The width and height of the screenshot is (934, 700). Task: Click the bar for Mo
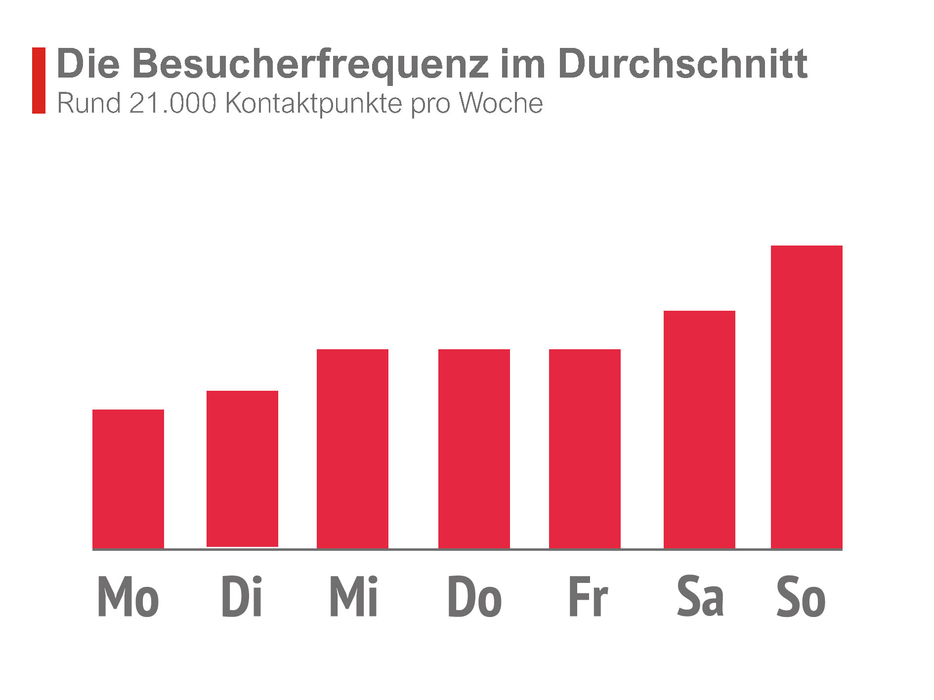click(128, 479)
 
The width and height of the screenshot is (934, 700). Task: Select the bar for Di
click(242, 469)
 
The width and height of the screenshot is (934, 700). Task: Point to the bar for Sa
click(699, 429)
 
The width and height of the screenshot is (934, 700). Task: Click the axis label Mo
click(128, 597)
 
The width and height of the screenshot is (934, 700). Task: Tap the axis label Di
click(242, 597)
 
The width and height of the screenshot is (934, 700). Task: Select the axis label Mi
click(353, 597)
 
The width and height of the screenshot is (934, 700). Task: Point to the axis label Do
click(474, 597)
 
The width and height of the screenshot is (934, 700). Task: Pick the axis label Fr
click(588, 597)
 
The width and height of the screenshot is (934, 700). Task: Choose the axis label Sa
click(700, 597)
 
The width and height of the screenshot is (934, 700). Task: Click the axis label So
click(801, 597)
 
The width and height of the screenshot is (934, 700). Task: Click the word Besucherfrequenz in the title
click(311, 64)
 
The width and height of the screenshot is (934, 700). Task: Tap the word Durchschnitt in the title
click(682, 64)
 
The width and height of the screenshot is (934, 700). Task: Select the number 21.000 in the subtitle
click(172, 103)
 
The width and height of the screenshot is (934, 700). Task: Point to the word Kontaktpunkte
click(313, 104)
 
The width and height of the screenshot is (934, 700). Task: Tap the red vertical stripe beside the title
click(39, 81)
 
